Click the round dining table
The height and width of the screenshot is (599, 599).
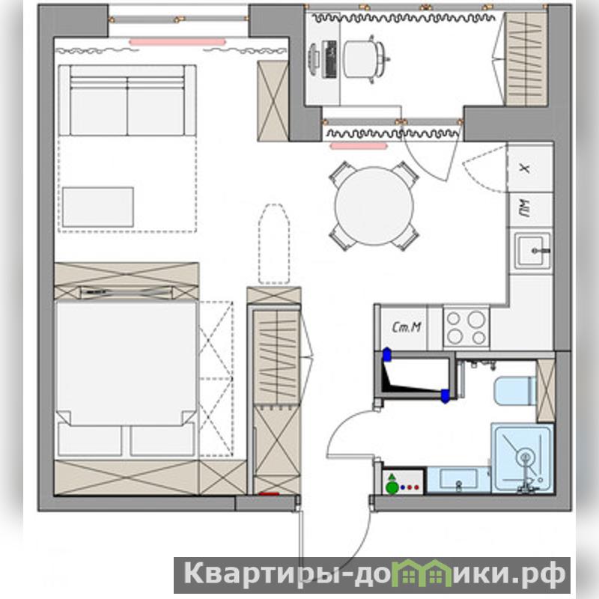[374, 206]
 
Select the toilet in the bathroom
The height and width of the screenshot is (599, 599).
[515, 391]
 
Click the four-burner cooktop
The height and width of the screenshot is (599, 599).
[466, 328]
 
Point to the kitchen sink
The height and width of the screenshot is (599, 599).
[532, 251]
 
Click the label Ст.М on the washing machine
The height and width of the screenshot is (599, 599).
[407, 327]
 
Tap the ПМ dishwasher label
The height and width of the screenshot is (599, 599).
[526, 209]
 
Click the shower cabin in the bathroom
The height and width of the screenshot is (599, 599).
[522, 458]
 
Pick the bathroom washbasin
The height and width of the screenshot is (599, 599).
[458, 480]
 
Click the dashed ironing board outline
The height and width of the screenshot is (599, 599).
[273, 244]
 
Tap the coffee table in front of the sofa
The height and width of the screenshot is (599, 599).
[98, 207]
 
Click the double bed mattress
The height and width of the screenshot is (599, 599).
[126, 363]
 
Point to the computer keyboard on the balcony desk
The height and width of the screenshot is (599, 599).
[329, 59]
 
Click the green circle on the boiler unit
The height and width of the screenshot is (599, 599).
[392, 488]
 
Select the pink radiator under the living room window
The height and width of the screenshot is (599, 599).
[177, 42]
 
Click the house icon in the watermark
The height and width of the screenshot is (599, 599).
[422, 573]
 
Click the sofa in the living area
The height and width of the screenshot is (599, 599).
[127, 100]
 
